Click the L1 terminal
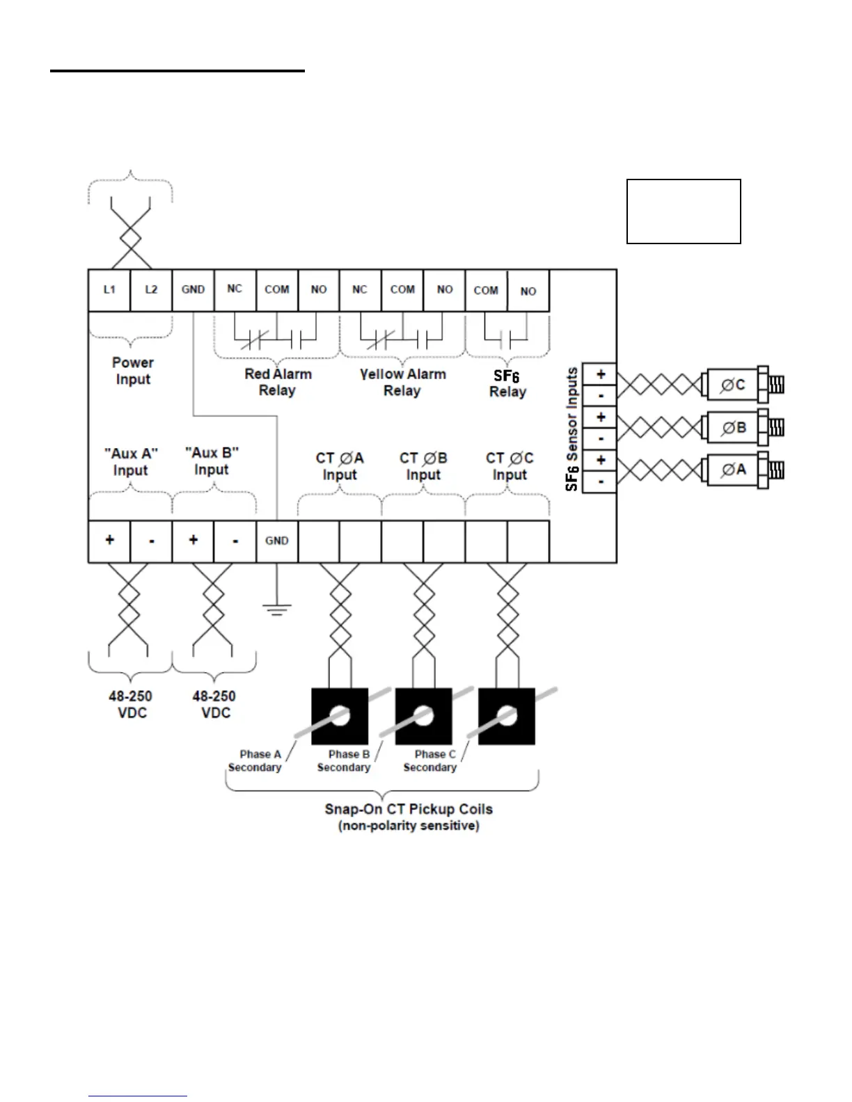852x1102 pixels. pos(109,290)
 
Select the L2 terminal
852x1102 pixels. pos(151,290)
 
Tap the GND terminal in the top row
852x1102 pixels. pos(193,290)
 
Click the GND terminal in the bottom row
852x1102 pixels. pos(277,541)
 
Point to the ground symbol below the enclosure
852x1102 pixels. pos(277,610)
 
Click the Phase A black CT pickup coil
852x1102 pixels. pos(340,716)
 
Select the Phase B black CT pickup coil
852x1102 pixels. pos(423,716)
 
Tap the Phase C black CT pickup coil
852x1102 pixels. pos(507,716)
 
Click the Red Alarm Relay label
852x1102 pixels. pos(278,382)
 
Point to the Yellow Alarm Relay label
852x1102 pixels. pos(403,382)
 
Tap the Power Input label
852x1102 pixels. pos(132,371)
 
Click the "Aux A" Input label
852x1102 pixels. pos(131,462)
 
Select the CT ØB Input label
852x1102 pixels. pos(423,466)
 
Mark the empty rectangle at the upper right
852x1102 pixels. pos(684,211)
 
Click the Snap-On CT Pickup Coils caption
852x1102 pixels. pos(409,817)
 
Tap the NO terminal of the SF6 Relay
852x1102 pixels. pos(528,291)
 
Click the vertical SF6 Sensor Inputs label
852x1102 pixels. pos(572,429)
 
